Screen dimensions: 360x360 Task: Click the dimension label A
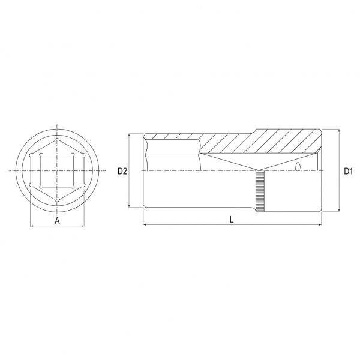pos(57,221)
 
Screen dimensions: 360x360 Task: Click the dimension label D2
pos(122,171)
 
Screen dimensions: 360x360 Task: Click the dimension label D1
pos(348,171)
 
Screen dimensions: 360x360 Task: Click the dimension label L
pos(232,220)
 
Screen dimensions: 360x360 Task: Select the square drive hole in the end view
pos(57,171)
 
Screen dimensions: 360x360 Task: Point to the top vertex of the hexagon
pos(57,139)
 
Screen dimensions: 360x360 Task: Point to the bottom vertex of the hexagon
pos(57,201)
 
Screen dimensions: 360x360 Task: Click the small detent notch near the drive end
pos(298,166)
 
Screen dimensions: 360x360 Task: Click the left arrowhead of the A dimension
pos(32,226)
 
